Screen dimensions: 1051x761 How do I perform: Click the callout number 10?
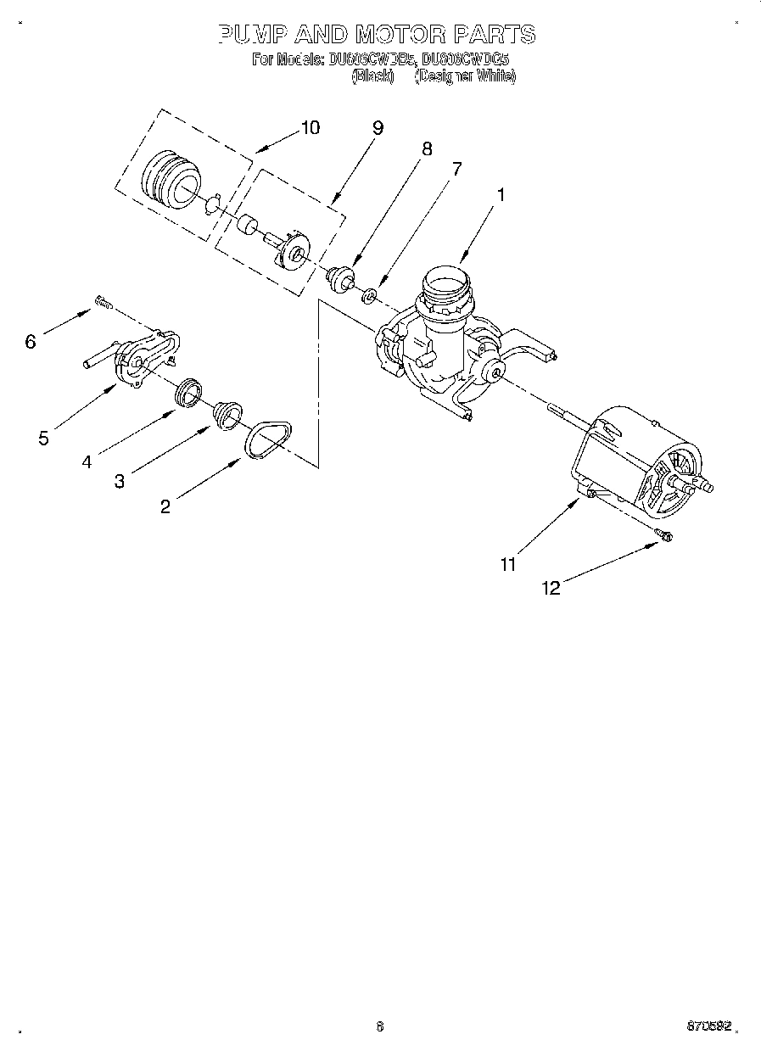(311, 127)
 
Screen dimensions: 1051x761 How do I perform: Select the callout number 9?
(378, 127)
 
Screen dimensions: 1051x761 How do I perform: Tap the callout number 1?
(501, 194)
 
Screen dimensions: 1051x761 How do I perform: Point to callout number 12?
(551, 588)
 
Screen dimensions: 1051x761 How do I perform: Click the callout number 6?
(31, 341)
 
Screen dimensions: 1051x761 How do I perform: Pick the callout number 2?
(165, 506)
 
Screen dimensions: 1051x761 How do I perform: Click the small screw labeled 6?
(103, 300)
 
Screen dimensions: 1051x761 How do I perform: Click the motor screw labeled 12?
(664, 534)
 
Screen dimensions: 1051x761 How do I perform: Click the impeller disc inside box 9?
(294, 251)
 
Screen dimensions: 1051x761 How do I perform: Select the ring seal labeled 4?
(189, 392)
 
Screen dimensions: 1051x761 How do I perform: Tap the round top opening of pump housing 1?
(445, 281)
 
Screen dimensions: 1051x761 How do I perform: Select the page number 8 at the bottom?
(380, 1026)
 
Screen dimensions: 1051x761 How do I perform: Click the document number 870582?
(709, 1026)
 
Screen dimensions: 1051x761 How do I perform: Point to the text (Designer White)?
(465, 75)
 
